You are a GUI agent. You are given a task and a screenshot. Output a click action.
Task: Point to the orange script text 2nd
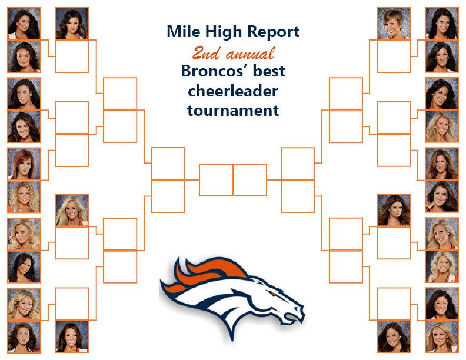207,54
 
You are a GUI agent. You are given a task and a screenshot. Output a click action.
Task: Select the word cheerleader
232,91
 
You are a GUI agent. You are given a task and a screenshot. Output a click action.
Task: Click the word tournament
233,111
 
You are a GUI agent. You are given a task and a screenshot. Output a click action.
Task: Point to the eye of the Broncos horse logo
272,294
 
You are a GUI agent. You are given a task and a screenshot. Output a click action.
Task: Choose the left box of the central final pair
216,179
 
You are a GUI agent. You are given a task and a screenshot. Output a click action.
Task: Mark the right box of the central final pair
250,179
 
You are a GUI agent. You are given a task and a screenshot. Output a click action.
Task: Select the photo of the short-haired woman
394,24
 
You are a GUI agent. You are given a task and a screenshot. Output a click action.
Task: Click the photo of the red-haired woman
24,164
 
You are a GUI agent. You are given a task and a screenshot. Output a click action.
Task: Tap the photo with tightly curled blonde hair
24,196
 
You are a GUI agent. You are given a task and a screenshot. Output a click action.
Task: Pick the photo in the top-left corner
24,24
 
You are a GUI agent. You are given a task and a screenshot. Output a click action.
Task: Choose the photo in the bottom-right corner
442,336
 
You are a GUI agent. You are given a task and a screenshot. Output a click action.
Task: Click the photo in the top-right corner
442,24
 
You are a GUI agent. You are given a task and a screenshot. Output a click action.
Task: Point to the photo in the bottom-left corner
24,336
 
